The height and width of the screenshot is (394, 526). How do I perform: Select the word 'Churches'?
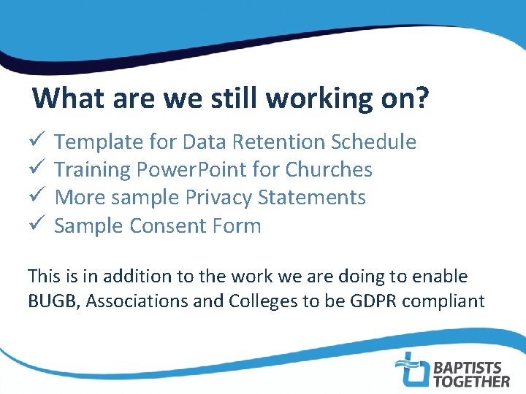329,169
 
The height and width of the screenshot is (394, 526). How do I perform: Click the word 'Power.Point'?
191,169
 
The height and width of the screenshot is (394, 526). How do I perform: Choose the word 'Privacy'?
218,198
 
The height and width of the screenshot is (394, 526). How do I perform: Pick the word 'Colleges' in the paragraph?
256,301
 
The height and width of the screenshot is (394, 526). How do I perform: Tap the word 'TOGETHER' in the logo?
472,380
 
